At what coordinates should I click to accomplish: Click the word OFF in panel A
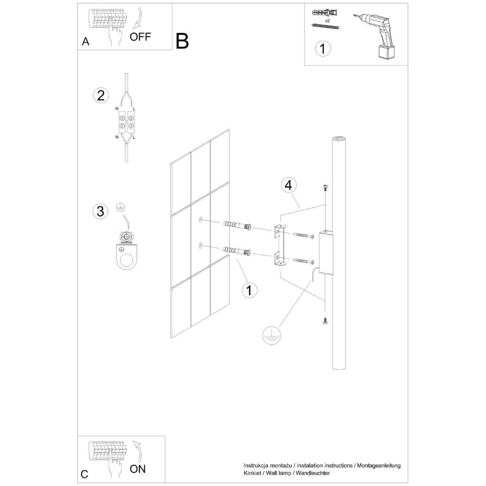140,37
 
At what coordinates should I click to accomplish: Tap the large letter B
182,41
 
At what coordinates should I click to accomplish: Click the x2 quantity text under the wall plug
327,21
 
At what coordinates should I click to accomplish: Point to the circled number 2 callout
101,95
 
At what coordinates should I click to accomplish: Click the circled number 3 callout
100,211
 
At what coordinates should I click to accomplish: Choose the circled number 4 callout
288,185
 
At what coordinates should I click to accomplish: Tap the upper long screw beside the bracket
304,235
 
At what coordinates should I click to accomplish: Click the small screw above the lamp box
325,188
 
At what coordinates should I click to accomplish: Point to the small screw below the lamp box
325,321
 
